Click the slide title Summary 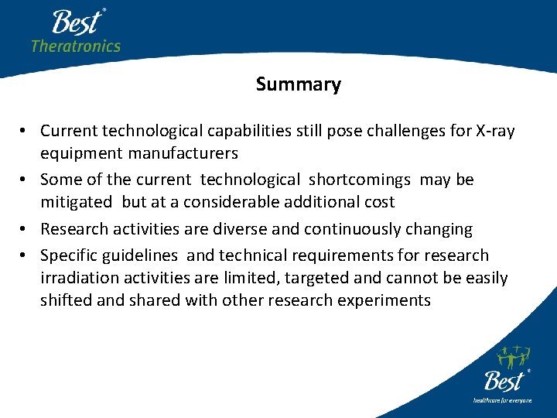click(x=298, y=84)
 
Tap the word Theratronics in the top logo click(x=76, y=46)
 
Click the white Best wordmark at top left click(x=77, y=22)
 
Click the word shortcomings click(x=360, y=180)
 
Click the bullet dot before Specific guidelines click(x=26, y=256)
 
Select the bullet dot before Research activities click(x=26, y=230)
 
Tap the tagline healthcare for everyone click(x=503, y=400)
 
